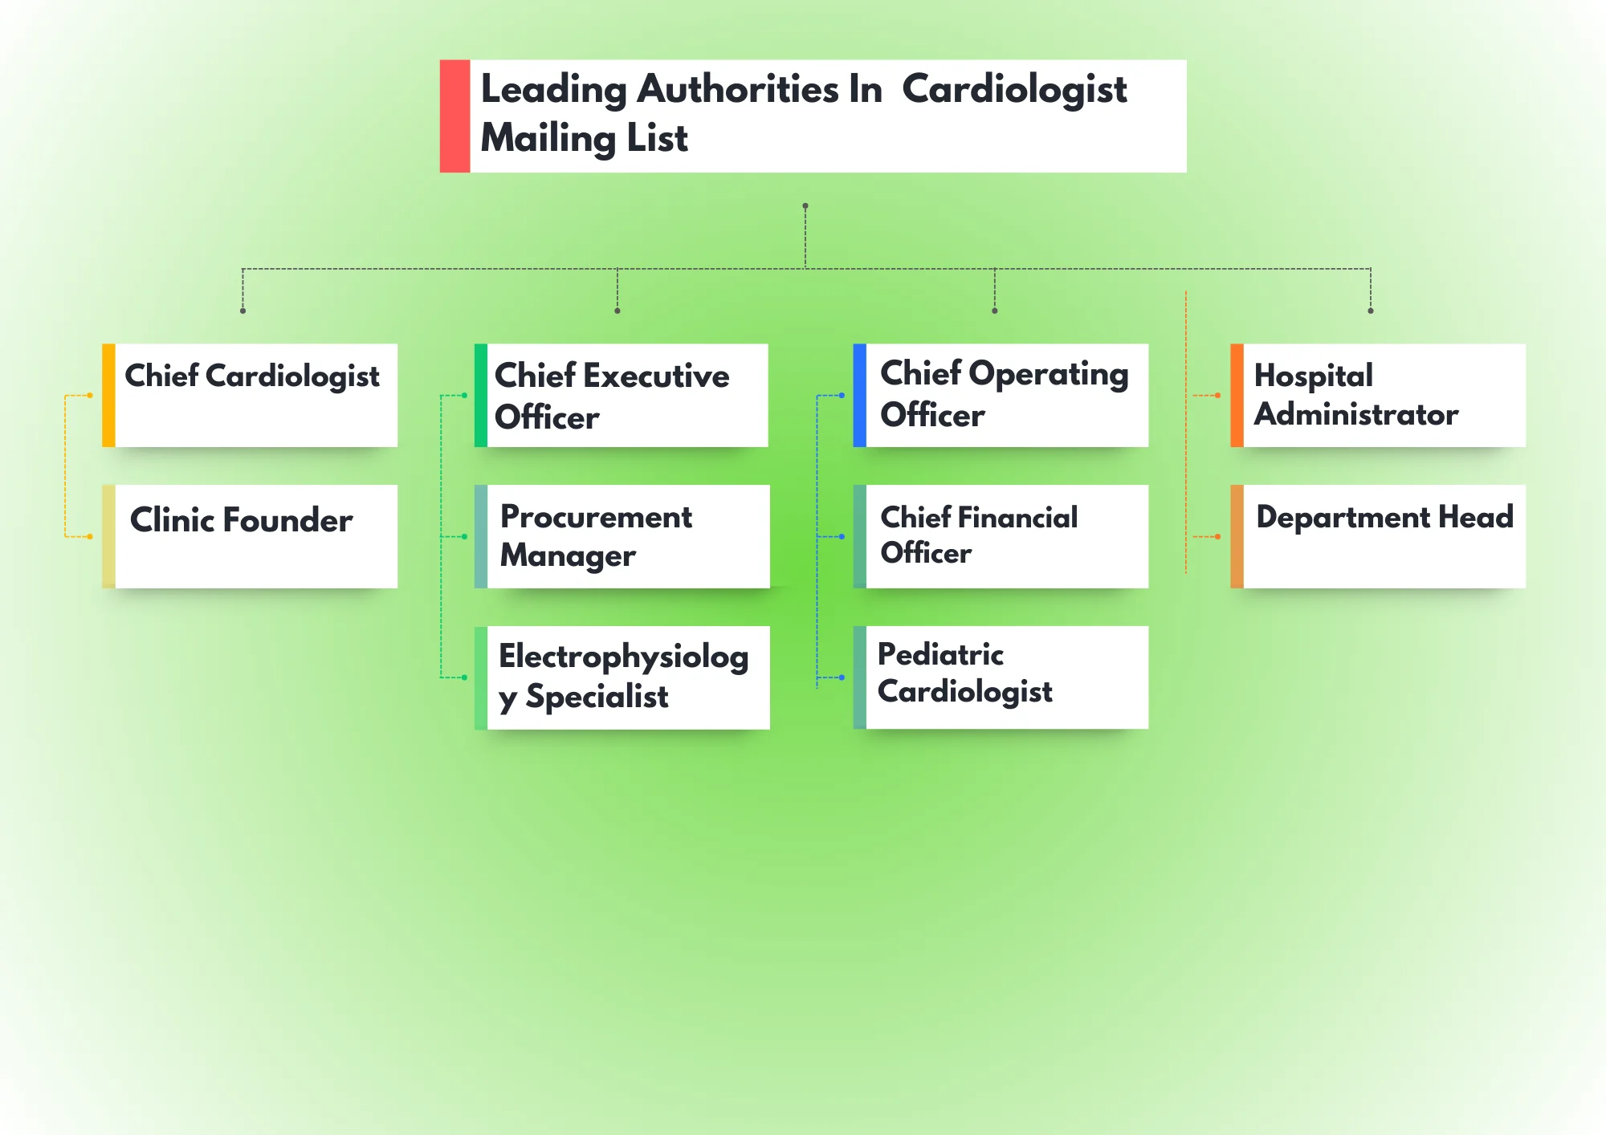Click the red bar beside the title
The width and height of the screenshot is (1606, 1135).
[454, 116]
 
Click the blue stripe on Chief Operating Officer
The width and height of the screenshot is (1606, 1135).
[859, 395]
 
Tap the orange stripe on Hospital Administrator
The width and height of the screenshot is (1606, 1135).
[1237, 395]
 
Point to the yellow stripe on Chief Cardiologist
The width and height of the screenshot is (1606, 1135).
[108, 395]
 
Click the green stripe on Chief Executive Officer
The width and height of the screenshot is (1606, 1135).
[480, 395]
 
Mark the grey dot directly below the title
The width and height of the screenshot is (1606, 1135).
[805, 206]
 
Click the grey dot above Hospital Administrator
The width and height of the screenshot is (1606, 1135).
[1371, 311]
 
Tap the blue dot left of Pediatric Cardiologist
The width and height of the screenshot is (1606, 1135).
[842, 677]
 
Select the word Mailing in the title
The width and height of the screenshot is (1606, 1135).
[547, 138]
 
